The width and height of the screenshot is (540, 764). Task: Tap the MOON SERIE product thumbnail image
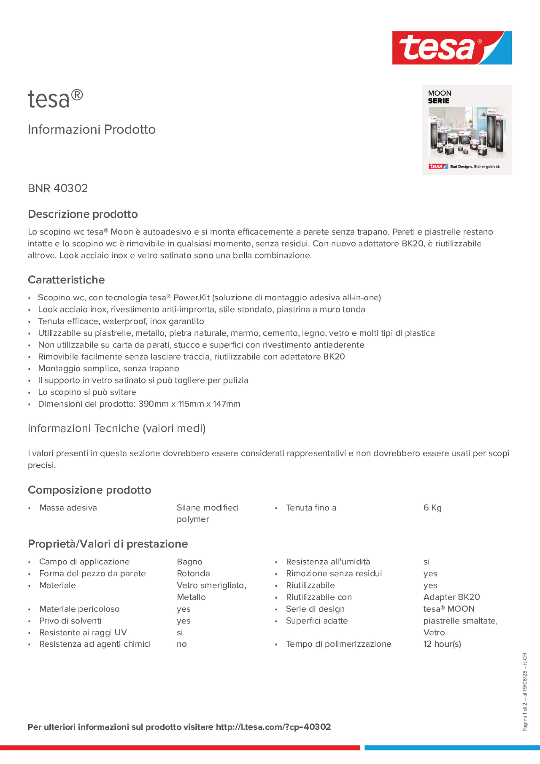point(467,130)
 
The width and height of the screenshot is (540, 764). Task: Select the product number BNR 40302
point(58,188)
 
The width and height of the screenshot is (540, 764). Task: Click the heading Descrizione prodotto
point(83,214)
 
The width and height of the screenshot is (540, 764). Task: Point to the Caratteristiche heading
point(66,280)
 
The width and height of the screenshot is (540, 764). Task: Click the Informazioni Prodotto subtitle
point(92,130)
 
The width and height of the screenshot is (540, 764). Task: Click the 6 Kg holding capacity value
point(432,508)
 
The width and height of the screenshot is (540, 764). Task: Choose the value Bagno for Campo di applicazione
point(189,562)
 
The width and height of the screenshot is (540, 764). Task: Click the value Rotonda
point(193,574)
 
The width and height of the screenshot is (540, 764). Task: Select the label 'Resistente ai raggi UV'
point(83,632)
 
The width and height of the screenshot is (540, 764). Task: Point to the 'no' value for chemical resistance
point(181,644)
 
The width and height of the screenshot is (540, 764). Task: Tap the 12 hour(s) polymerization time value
point(442,644)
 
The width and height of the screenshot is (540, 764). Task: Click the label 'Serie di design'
point(315,609)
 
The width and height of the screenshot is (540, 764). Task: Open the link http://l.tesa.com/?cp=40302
point(273,727)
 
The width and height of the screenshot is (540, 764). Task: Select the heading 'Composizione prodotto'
point(89,490)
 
